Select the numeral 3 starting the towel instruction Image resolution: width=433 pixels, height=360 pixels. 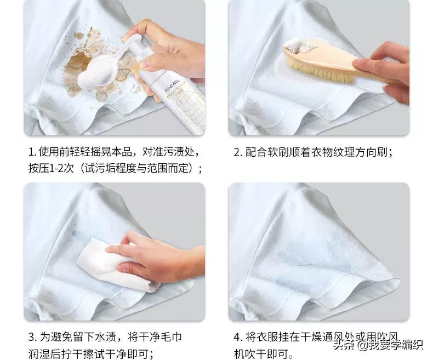coord(31,336)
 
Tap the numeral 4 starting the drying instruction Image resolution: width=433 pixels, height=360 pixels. coord(237,336)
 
